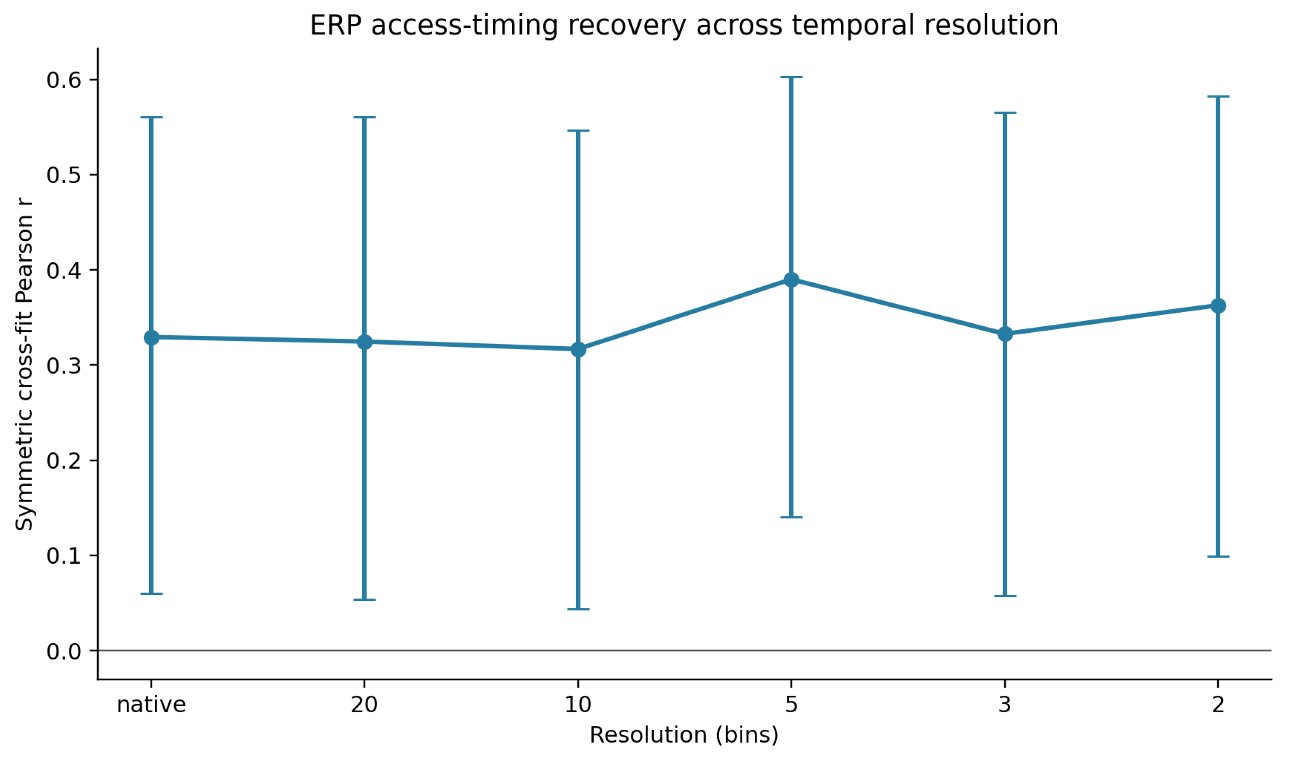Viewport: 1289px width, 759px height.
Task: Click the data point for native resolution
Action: (x=151, y=338)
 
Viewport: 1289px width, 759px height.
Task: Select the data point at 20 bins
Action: (x=364, y=341)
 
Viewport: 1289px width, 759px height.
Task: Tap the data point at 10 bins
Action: (x=578, y=350)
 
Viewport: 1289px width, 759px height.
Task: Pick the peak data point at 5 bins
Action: (x=791, y=280)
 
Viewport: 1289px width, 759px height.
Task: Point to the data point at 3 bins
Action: (x=1005, y=335)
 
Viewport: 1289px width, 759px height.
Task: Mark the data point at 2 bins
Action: (x=1218, y=306)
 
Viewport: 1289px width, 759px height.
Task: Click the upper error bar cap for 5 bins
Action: (x=791, y=77)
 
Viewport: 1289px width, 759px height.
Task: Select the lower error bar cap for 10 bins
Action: (x=578, y=609)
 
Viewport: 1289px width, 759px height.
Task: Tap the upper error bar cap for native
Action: (x=151, y=117)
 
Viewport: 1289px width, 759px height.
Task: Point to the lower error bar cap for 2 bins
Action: (x=1218, y=556)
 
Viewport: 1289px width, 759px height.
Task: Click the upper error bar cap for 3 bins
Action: (x=1005, y=112)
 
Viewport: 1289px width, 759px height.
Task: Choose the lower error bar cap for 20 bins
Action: (x=364, y=600)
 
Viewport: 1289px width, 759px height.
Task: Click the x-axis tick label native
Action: (x=151, y=705)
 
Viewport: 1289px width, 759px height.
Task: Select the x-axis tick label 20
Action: (x=364, y=705)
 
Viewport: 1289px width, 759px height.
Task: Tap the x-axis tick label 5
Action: (x=791, y=705)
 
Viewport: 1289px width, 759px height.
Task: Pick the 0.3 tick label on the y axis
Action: (x=64, y=366)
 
